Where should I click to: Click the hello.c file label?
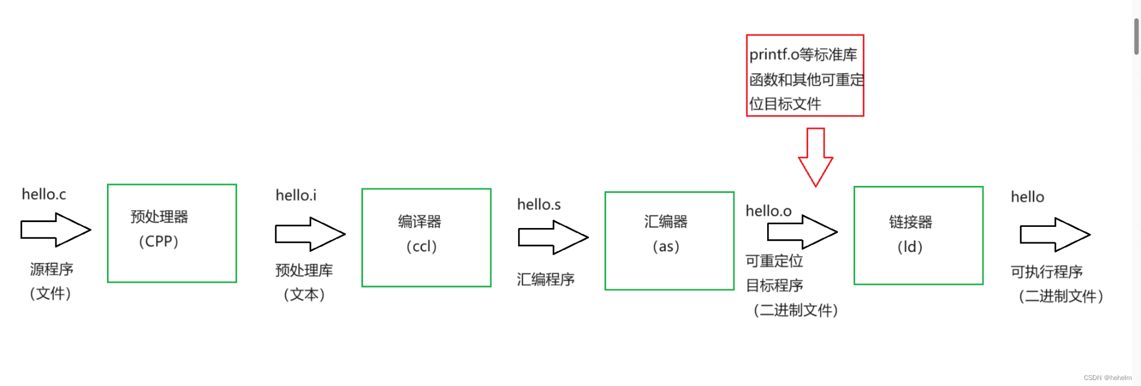click(x=43, y=194)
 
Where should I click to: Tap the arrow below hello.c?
click(x=55, y=230)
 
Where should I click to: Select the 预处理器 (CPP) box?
click(x=172, y=233)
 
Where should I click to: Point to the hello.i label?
click(x=296, y=195)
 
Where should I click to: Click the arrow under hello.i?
click(x=310, y=234)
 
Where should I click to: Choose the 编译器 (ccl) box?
click(x=426, y=238)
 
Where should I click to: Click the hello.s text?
click(x=538, y=205)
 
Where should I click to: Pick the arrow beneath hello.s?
click(x=553, y=238)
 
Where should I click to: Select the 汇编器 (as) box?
click(x=669, y=241)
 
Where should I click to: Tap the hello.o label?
click(x=768, y=211)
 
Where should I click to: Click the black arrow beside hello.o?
click(x=802, y=232)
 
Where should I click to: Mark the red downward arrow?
click(x=815, y=157)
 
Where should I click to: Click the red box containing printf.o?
click(x=805, y=75)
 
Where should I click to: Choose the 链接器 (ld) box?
click(x=918, y=235)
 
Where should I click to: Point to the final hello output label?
click(x=1027, y=197)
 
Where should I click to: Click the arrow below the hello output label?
click(x=1055, y=235)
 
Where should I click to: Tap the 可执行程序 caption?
click(x=1047, y=272)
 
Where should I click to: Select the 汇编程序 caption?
click(x=546, y=280)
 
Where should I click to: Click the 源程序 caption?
click(x=52, y=270)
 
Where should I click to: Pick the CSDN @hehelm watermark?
click(x=1107, y=378)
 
